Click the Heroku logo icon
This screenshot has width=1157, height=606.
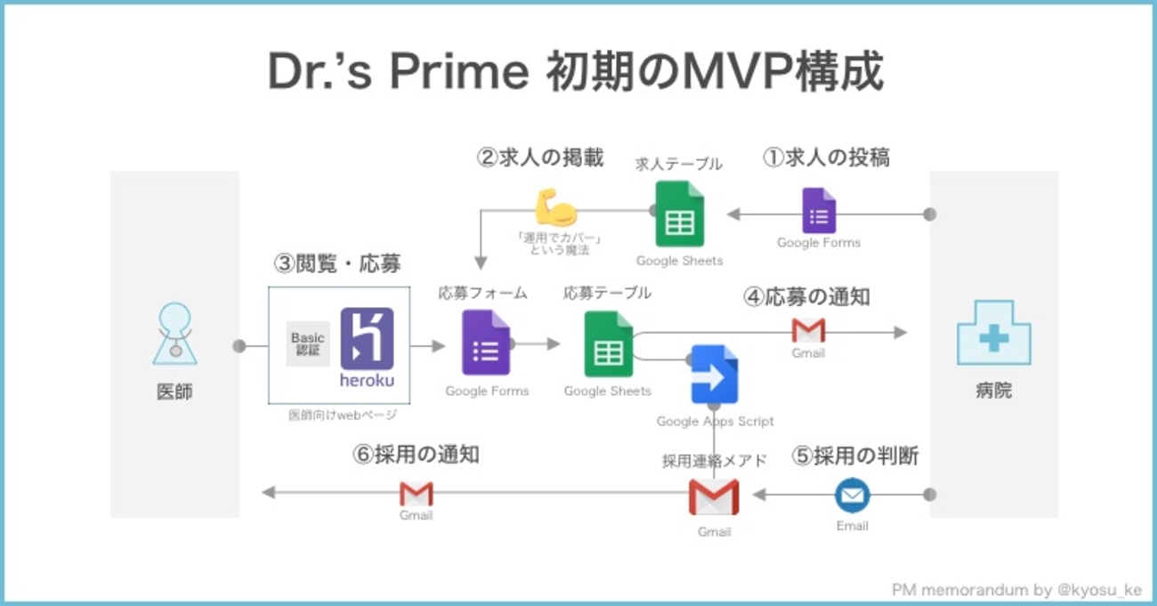367,339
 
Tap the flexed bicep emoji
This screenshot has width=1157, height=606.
555,207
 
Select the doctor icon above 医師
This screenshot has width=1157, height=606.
174,334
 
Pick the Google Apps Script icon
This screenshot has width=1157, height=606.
715,375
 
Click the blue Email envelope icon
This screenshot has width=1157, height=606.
852,496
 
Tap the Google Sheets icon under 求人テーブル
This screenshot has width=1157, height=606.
679,214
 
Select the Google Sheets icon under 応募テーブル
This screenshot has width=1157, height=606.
608,344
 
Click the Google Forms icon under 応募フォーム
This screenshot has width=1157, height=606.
486,343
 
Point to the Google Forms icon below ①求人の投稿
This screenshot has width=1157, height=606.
819,210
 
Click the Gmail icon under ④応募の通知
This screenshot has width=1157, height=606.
808,331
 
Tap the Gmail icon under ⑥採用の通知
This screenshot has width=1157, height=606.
416,494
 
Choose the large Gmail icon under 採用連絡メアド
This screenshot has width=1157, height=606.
714,497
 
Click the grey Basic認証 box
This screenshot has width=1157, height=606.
308,343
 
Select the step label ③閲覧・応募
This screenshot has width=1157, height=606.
337,263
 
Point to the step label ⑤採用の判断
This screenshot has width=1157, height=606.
854,456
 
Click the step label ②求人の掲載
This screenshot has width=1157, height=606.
540,158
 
